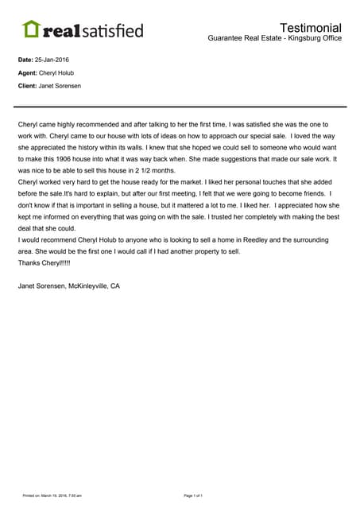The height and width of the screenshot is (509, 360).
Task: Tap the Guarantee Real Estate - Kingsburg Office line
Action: [x=274, y=39]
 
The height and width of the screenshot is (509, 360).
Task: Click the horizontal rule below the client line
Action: [x=180, y=106]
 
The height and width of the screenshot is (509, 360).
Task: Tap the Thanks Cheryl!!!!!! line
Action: [x=44, y=262]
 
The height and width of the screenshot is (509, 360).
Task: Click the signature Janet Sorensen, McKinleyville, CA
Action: [x=68, y=286]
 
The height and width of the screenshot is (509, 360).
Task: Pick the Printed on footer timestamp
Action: [x=52, y=495]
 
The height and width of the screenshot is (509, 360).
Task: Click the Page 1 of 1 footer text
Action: [x=193, y=495]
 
